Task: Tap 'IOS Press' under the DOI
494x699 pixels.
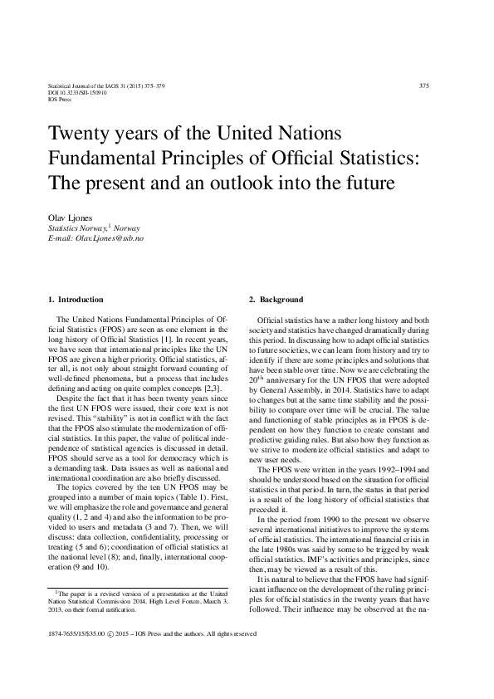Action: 61,100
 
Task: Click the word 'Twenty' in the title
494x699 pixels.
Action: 79,134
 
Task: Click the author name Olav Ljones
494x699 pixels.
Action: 70,217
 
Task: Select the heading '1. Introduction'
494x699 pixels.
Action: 76,300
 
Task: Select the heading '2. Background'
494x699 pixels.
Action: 276,300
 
